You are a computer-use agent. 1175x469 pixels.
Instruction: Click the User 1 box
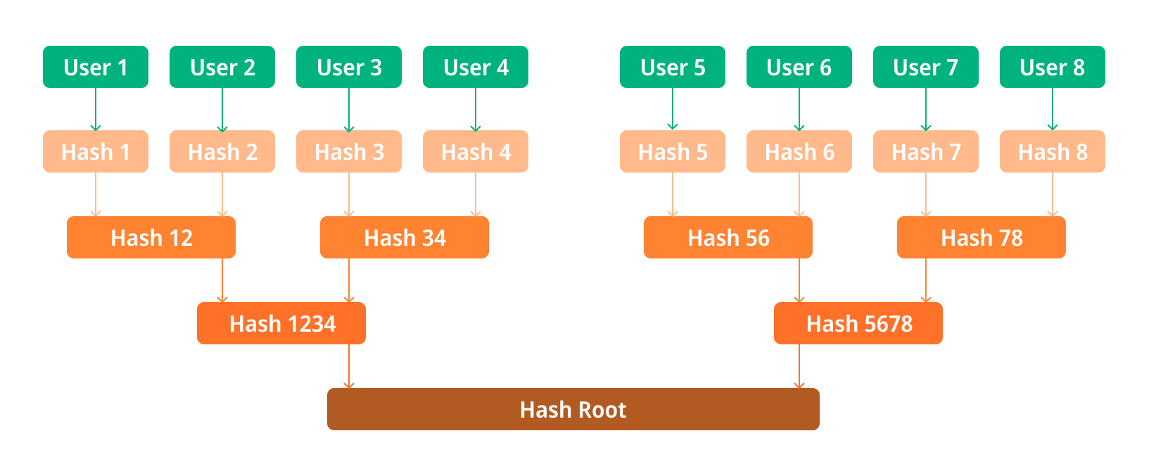[96, 67]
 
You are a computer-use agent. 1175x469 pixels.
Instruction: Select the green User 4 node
[475, 67]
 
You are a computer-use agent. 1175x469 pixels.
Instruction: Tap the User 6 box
[799, 67]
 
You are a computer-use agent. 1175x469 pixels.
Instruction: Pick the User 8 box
[1053, 67]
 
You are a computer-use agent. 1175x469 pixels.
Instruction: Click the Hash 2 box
[222, 151]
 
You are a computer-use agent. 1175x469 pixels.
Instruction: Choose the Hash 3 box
[349, 151]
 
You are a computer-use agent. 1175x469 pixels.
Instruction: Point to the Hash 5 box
[673, 151]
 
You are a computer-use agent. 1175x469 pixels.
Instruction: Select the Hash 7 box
[926, 151]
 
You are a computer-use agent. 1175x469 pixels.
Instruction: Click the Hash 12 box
[151, 237]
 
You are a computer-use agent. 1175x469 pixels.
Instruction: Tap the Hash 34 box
[405, 237]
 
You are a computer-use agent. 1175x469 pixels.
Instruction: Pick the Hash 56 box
[728, 237]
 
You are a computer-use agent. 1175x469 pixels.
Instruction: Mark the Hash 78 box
[982, 237]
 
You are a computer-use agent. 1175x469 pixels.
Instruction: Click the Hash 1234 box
[281, 323]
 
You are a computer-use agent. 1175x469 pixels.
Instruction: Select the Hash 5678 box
[858, 323]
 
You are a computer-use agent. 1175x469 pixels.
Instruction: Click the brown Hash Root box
[573, 409]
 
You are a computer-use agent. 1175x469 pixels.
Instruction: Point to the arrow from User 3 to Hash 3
[349, 109]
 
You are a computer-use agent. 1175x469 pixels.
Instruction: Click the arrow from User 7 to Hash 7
[926, 109]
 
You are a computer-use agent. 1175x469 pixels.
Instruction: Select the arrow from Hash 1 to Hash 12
[96, 194]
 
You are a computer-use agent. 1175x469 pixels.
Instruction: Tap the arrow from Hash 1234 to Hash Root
[349, 367]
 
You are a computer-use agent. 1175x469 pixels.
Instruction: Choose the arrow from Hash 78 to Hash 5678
[926, 280]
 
